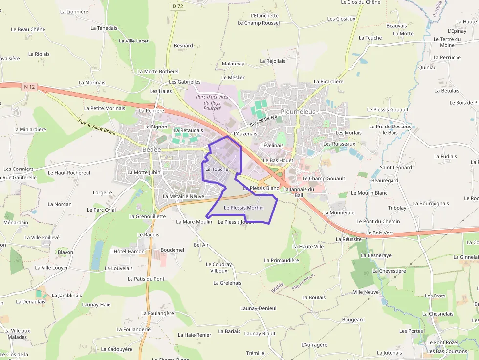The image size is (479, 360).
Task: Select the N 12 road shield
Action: [x=30, y=87]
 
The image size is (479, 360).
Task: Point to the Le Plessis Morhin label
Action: [x=243, y=208]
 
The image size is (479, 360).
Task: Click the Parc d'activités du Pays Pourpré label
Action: [x=212, y=103]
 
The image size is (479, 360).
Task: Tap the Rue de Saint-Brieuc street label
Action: [x=97, y=129]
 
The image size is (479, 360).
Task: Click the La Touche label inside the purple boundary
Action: [x=217, y=169]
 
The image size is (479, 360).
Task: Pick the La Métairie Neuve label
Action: [x=183, y=196]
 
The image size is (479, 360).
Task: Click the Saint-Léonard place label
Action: [x=395, y=168]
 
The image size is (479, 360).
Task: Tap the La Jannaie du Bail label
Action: [x=299, y=192]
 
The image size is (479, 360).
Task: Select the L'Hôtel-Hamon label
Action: [x=128, y=252]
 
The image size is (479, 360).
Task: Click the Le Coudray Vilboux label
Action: [x=218, y=268]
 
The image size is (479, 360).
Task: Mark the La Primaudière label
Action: [x=281, y=261]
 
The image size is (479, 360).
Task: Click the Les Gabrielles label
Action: [x=185, y=82]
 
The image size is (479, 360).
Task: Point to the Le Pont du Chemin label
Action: [x=378, y=222]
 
